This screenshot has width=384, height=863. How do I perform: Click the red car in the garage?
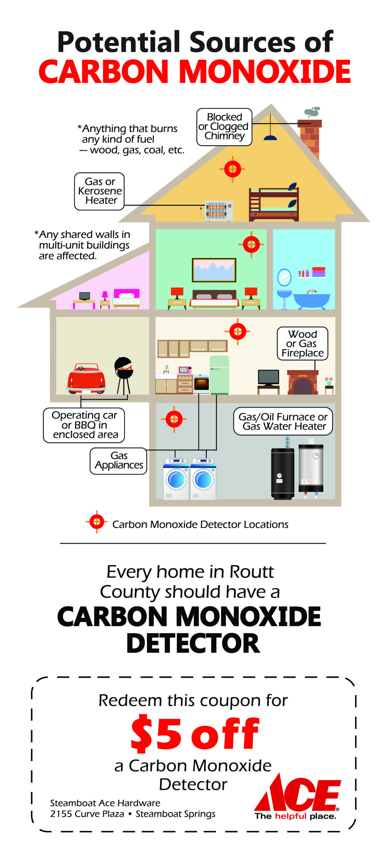86,379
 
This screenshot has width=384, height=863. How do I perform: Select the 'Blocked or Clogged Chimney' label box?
224,127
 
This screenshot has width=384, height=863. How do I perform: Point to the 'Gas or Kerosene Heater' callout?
99,191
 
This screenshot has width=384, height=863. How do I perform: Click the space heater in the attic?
219,211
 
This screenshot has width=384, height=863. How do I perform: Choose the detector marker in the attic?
232,169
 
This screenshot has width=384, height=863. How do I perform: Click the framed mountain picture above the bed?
214,270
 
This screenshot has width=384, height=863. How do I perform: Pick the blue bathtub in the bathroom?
311,300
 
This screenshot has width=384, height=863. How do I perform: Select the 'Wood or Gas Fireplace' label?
302,344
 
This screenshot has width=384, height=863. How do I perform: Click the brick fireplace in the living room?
303,382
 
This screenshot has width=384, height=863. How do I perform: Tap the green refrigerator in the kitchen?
219,375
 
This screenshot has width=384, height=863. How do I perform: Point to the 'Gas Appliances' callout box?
118,461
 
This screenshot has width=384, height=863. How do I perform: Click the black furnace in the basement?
282,473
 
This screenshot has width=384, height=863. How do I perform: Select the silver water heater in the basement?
311,469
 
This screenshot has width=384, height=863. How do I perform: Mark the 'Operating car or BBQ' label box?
84,425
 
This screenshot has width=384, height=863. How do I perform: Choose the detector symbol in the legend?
97,522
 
